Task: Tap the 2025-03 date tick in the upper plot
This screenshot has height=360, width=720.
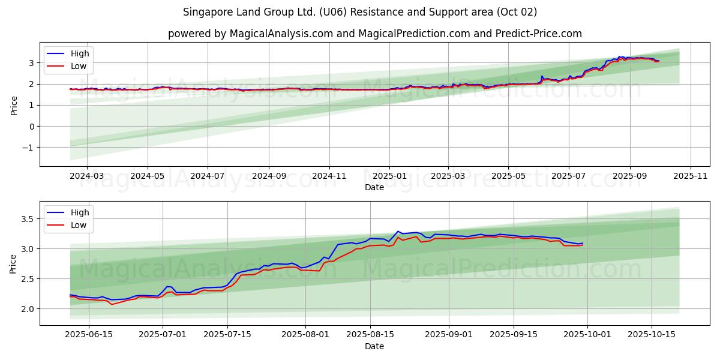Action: pyautogui.click(x=448, y=176)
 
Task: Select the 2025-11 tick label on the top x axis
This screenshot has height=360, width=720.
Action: pyautogui.click(x=691, y=176)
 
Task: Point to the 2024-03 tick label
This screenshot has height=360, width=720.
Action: pyautogui.click(x=87, y=176)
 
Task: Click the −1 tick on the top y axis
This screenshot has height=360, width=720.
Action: pyautogui.click(x=28, y=148)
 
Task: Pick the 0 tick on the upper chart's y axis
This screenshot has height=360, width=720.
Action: pyautogui.click(x=31, y=127)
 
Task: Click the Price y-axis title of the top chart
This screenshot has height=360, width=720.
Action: pyautogui.click(x=14, y=106)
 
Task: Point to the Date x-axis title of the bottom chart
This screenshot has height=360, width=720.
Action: pyautogui.click(x=374, y=346)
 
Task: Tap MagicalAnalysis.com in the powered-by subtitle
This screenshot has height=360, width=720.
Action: pyautogui.click(x=281, y=34)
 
